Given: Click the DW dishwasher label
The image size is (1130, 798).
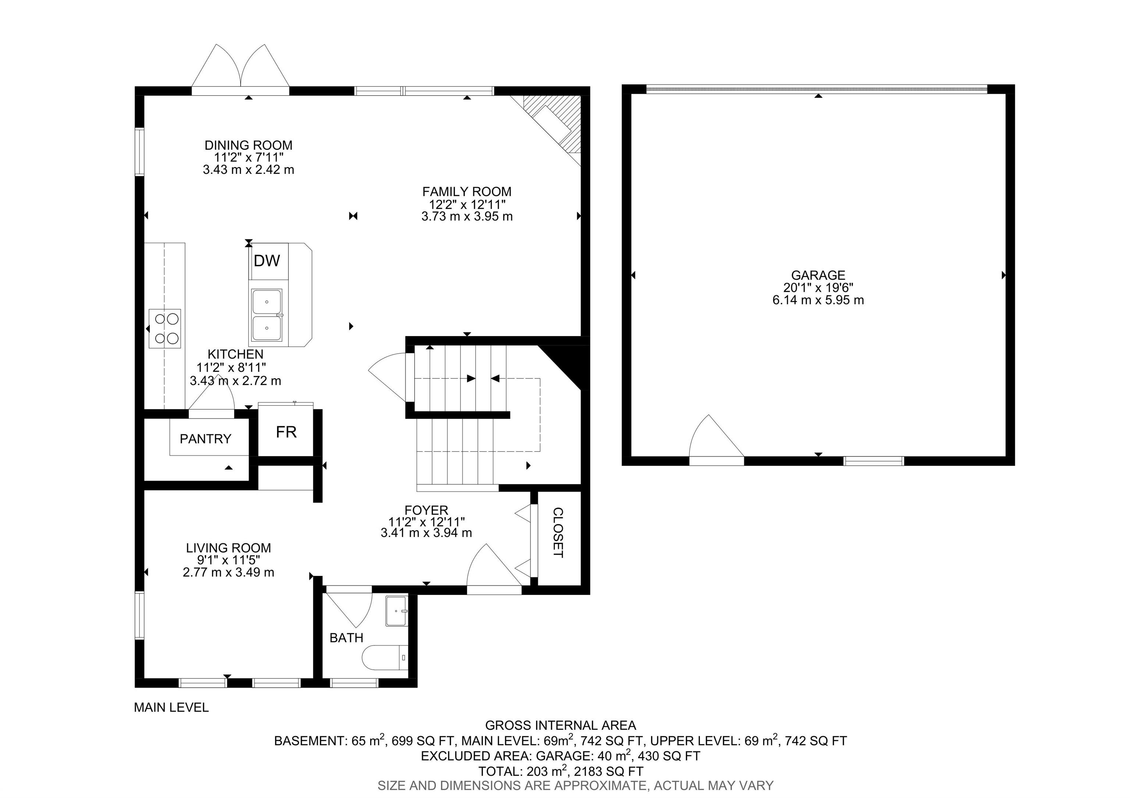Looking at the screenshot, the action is coord(267,261).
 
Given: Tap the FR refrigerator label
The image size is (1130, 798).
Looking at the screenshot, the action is coord(286,432).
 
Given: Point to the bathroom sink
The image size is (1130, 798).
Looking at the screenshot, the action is coord(397,611).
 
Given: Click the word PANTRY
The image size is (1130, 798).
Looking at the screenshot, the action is coord(205,439).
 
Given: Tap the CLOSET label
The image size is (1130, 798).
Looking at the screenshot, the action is coord(558,532).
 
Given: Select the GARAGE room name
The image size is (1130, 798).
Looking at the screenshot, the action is coord(818,275).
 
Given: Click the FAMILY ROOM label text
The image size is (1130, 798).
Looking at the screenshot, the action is coord(466,191).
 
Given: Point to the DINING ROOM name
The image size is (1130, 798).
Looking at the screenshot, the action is coord(249,145).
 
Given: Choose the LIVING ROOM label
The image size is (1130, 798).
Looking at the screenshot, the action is coord(228,548).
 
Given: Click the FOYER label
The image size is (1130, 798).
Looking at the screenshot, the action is coord(426,510).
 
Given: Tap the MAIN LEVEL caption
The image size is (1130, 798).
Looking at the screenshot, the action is coord(171,708).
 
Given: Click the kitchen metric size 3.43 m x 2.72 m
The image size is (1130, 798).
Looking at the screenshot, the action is coord(235,380).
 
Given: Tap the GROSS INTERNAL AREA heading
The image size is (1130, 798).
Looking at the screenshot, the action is coord(561,725).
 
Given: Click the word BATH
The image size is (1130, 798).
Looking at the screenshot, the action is coord(347,638).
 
